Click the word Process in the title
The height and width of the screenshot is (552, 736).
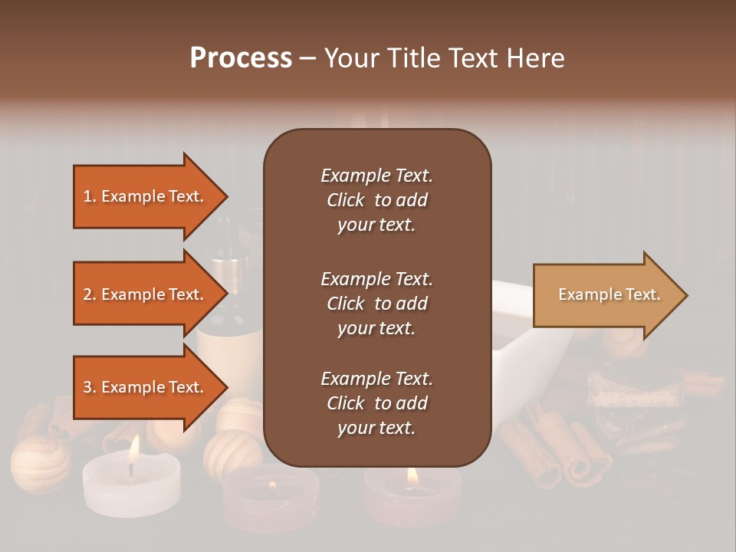coord(241,58)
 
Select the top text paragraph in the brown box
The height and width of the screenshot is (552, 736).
coord(376,200)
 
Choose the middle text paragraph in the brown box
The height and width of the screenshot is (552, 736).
coord(376,304)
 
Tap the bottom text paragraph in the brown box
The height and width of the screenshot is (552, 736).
coord(376,403)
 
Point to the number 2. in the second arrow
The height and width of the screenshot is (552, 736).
coord(90,294)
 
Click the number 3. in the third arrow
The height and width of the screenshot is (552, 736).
coord(90,387)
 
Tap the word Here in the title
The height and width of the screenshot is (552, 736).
coord(536,58)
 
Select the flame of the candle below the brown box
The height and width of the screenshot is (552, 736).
coord(412,476)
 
